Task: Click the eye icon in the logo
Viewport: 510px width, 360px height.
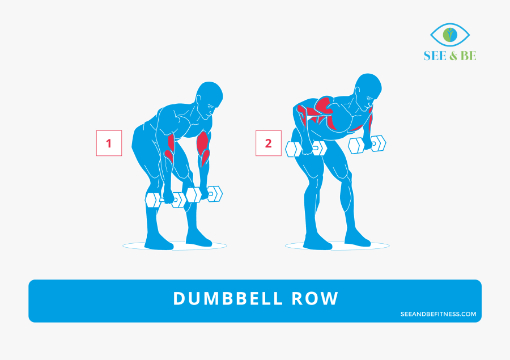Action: point(450,35)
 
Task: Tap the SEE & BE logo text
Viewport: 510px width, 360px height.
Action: point(450,56)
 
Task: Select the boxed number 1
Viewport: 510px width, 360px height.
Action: point(109,143)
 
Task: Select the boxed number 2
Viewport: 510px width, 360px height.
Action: point(269,143)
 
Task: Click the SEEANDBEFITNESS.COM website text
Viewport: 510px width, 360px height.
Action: point(438,314)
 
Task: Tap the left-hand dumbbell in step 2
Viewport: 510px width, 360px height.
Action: point(306,149)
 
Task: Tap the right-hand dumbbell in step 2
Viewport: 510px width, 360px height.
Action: point(367,144)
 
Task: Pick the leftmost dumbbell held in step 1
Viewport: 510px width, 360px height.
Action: point(165,200)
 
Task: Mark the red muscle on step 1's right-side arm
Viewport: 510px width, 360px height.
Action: point(203,145)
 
